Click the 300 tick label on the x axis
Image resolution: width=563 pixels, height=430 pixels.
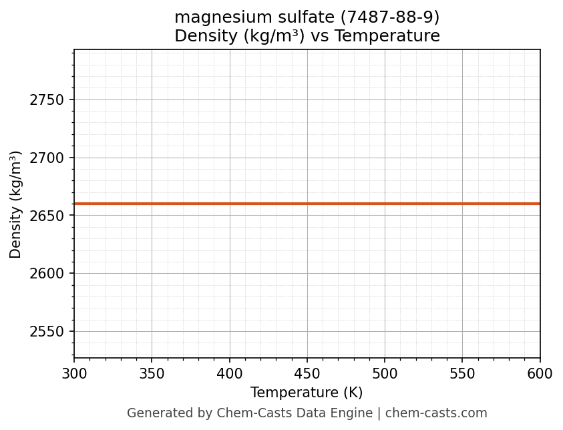(74, 374)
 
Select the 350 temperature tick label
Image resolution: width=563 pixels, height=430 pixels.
(152, 374)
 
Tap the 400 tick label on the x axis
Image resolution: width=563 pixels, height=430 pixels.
(230, 374)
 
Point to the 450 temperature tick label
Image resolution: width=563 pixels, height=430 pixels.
(307, 374)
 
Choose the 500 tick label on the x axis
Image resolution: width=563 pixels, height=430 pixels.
(385, 374)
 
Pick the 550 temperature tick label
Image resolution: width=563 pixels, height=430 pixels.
(462, 374)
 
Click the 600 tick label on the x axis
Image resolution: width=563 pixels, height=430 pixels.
(540, 374)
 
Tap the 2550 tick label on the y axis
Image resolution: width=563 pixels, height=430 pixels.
(47, 332)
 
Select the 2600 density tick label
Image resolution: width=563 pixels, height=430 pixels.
(47, 274)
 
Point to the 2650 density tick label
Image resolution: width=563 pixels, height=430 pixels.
(47, 216)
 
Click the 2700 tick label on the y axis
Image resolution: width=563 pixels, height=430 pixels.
(47, 158)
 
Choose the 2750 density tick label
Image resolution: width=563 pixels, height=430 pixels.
(47, 100)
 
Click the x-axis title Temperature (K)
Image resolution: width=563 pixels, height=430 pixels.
(307, 393)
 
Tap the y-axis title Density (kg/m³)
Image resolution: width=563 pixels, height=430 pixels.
(16, 204)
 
